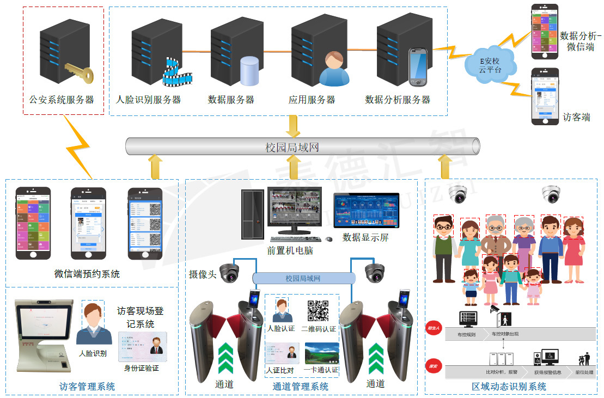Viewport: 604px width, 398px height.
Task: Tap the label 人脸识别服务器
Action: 148,100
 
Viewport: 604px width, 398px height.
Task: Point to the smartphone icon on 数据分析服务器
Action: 418,67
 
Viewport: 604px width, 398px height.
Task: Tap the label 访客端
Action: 576,117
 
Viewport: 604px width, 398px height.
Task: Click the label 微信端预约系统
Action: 87,274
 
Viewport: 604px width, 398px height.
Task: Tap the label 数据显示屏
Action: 365,237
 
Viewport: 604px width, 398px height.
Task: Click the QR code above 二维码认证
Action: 318,311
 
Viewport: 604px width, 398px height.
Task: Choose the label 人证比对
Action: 280,370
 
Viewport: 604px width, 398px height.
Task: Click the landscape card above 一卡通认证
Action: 322,353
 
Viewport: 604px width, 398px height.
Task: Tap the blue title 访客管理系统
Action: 87,387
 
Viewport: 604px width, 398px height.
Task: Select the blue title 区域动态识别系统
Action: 509,387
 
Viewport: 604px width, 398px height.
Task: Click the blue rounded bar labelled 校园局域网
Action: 303,278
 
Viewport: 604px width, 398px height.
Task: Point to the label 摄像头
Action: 203,274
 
